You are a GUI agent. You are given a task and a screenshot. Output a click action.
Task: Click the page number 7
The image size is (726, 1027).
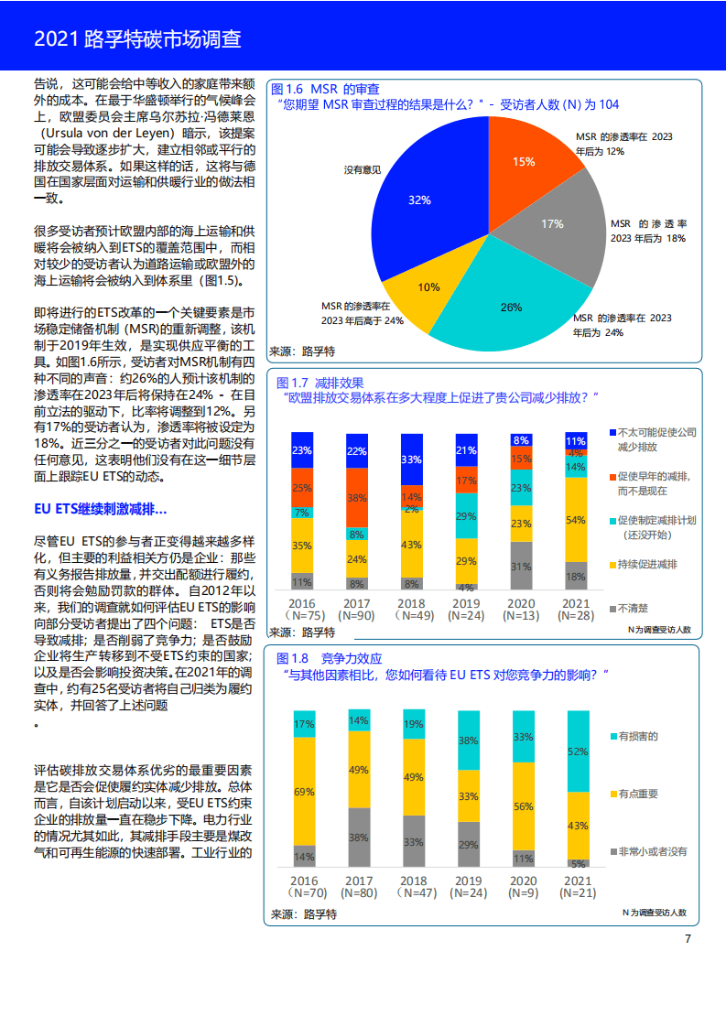pos(688,938)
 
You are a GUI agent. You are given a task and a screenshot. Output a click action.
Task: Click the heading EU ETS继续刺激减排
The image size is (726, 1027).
pos(101,508)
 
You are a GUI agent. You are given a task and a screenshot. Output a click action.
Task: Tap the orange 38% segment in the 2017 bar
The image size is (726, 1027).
pos(357,497)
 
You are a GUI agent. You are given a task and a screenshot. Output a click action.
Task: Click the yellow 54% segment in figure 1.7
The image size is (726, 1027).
pos(576,519)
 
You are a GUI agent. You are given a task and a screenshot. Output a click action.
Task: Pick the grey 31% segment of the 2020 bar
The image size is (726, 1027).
pos(521,567)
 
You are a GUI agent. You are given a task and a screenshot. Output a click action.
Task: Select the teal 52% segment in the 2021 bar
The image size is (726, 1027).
pos(578,751)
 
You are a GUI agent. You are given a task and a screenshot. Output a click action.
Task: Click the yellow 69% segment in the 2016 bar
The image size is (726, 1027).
pos(304,790)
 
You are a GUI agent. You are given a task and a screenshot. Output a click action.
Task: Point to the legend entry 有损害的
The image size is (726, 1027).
pos(638,736)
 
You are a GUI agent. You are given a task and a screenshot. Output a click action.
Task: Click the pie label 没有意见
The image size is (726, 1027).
pos(363,170)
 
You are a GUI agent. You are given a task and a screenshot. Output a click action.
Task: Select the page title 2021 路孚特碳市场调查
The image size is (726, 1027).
pos(137,38)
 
